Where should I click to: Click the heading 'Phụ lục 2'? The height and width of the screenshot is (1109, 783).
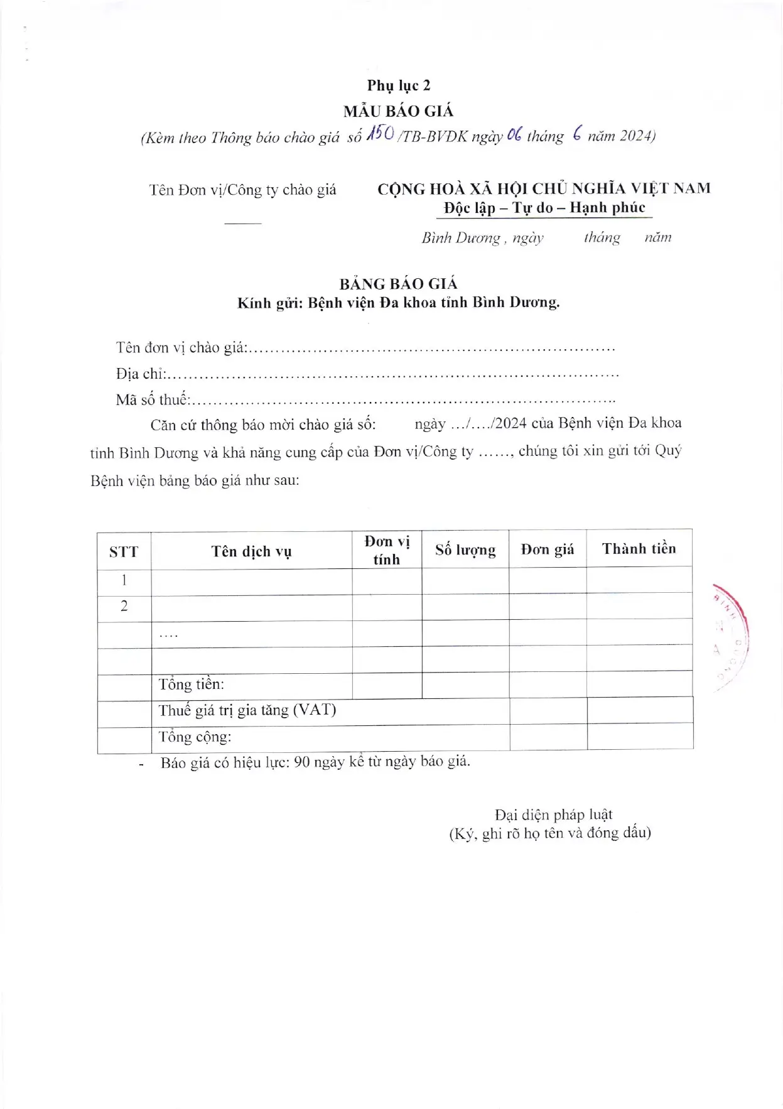click(399, 85)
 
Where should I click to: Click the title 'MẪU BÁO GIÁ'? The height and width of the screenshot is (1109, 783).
click(398, 111)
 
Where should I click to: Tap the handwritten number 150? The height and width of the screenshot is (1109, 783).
click(381, 134)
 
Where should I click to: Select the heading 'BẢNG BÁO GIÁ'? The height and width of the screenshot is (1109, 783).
click(398, 284)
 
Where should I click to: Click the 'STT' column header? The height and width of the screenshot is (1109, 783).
click(124, 552)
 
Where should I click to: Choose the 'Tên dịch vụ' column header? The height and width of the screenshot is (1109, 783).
click(251, 551)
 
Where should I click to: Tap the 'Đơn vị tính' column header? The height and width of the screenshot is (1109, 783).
click(387, 550)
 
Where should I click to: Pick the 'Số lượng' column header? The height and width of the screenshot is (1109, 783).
click(465, 550)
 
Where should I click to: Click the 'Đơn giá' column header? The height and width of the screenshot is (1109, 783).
click(548, 549)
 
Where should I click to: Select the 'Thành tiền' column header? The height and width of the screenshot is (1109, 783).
click(639, 549)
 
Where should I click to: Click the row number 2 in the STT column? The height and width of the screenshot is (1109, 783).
click(124, 606)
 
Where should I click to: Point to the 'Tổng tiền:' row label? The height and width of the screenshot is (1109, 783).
click(191, 684)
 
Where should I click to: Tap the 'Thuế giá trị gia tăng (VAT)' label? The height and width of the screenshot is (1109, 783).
click(247, 710)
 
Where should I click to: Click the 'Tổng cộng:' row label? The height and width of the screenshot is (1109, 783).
click(195, 737)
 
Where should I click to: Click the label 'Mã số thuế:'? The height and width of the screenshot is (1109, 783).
click(153, 399)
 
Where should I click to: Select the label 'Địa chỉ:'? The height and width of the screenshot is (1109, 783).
click(141, 374)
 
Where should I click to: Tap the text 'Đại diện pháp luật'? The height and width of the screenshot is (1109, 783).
click(553, 814)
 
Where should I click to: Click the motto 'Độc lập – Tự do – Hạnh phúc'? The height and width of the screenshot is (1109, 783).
click(544, 208)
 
